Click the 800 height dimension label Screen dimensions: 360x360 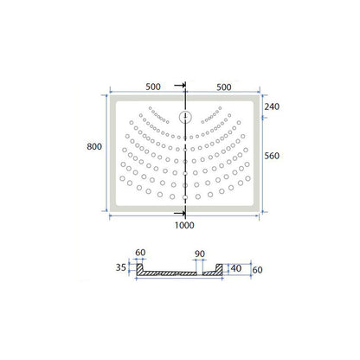pyautogui.click(x=94, y=146)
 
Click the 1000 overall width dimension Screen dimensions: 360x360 pyautogui.click(x=184, y=225)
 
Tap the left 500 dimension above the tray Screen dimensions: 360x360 pyautogui.click(x=153, y=87)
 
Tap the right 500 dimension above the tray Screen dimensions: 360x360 pyautogui.click(x=224, y=87)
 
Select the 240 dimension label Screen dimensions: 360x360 pyautogui.click(x=272, y=106)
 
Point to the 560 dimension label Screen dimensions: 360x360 pyautogui.click(x=272, y=156)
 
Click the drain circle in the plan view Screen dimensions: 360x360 pyautogui.click(x=185, y=117)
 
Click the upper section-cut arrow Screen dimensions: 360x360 pyautogui.click(x=180, y=85)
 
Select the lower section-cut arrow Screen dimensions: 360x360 pyautogui.click(x=180, y=214)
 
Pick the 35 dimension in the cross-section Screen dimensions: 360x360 pyautogui.click(x=121, y=267)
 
